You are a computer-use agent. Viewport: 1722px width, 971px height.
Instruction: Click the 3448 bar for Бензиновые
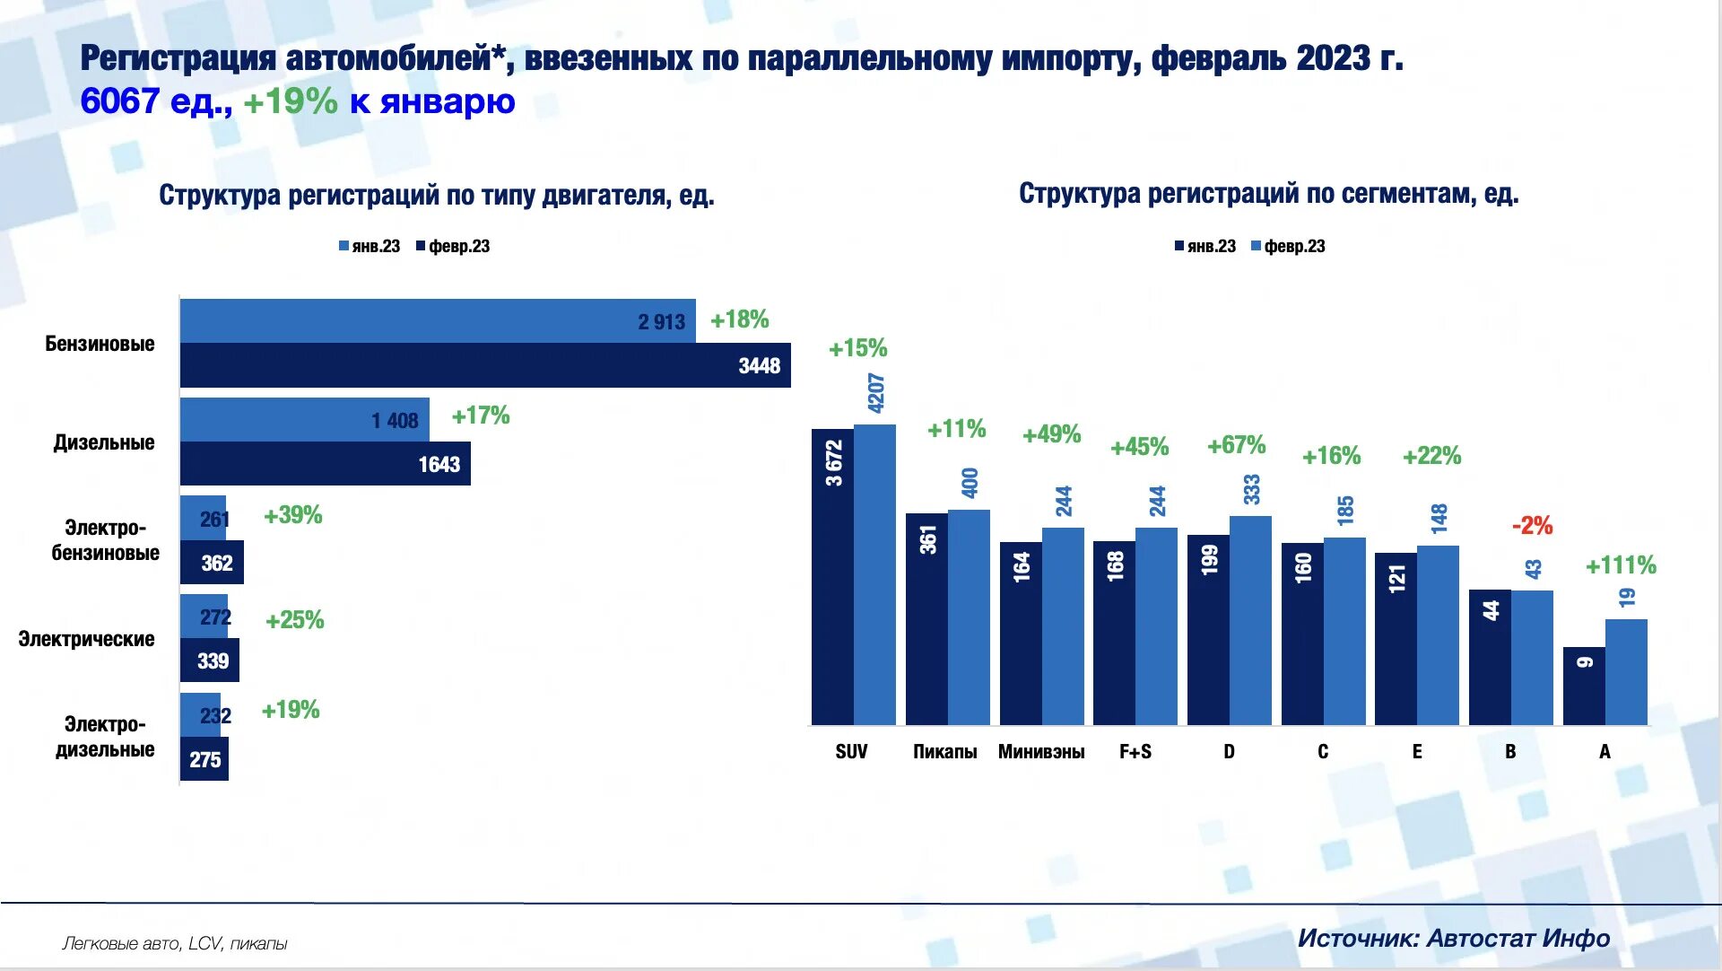coord(484,365)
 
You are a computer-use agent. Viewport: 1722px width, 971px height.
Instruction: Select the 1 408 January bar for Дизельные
coord(304,419)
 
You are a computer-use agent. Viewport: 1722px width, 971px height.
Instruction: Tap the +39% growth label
coord(292,515)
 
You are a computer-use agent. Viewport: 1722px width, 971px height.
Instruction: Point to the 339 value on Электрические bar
coord(213,661)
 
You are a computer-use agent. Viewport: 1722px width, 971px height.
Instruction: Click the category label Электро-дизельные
coord(104,737)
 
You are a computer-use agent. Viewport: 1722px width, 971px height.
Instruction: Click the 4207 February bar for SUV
coord(874,574)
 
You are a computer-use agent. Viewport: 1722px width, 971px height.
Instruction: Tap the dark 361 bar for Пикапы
coord(926,619)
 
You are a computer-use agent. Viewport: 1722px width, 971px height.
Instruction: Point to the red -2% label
coord(1532,526)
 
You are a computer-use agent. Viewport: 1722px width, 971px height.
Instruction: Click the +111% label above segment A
coord(1621,565)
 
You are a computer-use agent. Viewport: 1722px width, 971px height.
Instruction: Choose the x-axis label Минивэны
coord(1041,752)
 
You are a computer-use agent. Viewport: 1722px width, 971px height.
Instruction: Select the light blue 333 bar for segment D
coord(1250,619)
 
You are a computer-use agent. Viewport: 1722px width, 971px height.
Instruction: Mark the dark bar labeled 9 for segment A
coord(1584,687)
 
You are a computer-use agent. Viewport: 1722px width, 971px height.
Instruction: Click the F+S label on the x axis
coord(1135,752)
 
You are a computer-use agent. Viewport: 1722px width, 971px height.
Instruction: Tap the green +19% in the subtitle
coord(291,101)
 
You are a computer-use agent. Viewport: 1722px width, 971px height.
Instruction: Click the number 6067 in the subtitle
coord(119,101)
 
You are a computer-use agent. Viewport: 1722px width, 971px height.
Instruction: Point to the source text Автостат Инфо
coord(1518,939)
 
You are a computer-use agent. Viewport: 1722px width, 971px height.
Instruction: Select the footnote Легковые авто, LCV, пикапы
coord(175,943)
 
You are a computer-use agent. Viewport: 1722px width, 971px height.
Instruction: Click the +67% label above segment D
coord(1236,445)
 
